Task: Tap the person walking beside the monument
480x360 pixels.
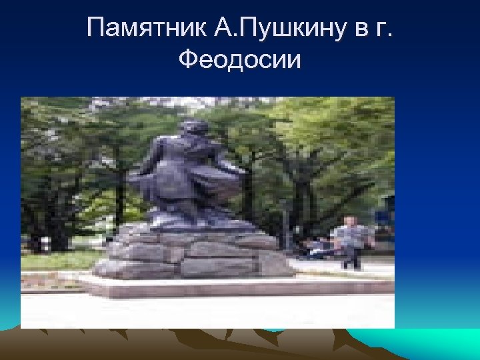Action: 350,240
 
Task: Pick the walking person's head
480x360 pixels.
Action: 349,221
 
